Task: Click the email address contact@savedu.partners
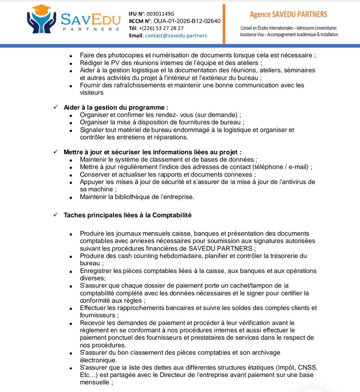(176, 36)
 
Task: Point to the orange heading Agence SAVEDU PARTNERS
(288, 15)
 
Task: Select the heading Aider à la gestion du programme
(116, 107)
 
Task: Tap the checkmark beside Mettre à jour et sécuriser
(56, 152)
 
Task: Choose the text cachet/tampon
(248, 286)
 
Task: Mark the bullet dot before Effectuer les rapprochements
(72, 309)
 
